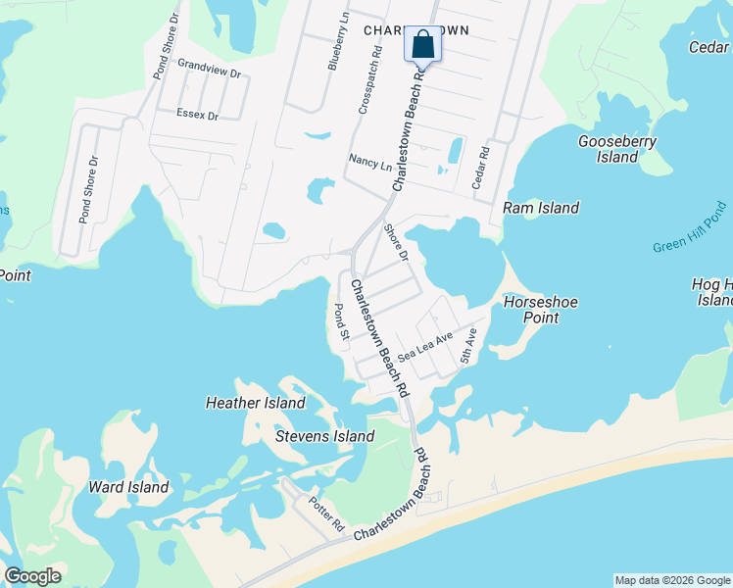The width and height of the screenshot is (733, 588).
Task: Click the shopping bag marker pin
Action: [423, 44]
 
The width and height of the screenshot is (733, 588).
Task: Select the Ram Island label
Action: [541, 208]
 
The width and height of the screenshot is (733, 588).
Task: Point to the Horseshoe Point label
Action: [530, 310]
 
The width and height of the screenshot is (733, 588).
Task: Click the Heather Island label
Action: [255, 403]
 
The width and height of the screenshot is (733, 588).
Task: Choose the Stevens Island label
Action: [324, 436]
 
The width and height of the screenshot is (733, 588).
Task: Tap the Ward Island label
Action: [128, 487]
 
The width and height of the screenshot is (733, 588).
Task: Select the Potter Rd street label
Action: [326, 514]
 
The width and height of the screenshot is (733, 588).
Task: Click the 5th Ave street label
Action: [468, 346]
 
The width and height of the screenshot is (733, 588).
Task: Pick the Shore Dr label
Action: [396, 242]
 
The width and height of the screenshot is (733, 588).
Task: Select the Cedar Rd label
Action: [480, 168]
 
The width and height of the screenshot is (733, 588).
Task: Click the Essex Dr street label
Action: [197, 115]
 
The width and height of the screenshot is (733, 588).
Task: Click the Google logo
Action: [32, 576]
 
